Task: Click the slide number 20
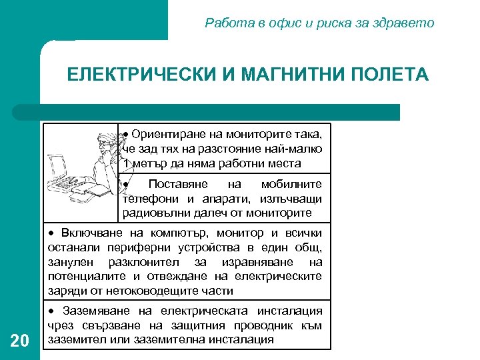(20, 341)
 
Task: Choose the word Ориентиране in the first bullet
(169, 134)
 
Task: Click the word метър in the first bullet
(147, 163)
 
